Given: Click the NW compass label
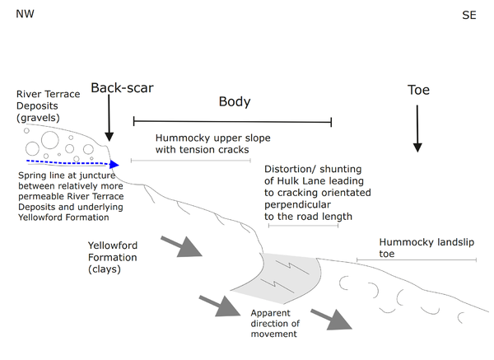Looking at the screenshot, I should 25,15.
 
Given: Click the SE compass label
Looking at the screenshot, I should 468,15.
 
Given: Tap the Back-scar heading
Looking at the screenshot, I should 121,88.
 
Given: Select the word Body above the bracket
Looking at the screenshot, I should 234,102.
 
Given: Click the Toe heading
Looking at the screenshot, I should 418,90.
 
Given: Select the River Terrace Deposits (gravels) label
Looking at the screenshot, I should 49,106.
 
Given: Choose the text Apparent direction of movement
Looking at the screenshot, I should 276,323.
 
